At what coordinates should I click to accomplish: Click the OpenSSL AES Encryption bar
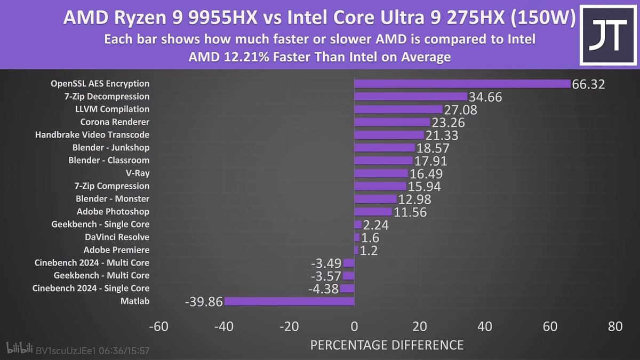point(462,84)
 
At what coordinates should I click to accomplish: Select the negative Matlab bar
point(289,301)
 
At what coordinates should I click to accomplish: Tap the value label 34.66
point(485,97)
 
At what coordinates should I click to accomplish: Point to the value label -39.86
point(203,302)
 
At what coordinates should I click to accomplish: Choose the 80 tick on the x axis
point(615,327)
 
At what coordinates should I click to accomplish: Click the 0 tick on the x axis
point(354,327)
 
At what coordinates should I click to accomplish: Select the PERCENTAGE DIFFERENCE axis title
point(387,345)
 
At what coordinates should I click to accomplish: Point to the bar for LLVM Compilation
point(398,109)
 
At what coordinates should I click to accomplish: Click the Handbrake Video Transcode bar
point(389,135)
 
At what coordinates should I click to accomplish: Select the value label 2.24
point(375,225)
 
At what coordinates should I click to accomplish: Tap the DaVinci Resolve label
point(117,237)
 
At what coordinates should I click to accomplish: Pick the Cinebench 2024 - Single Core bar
point(348,289)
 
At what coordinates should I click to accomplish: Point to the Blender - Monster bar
point(375,199)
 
